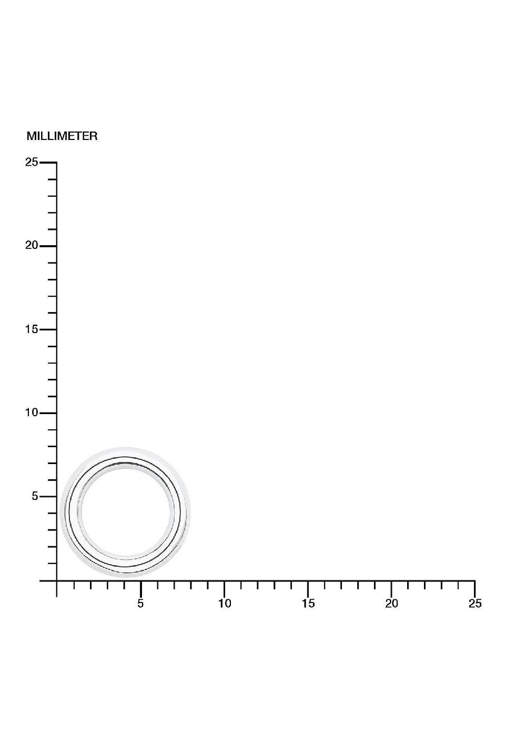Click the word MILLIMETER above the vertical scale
point(62,136)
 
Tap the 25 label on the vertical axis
point(32,163)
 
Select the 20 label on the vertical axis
point(32,245)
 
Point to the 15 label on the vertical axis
point(32,329)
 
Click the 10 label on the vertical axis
point(32,413)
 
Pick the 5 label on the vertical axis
point(35,496)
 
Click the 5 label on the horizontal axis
point(140,604)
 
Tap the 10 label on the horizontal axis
point(225,604)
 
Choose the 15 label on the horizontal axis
point(308,604)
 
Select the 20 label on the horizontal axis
point(391,604)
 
